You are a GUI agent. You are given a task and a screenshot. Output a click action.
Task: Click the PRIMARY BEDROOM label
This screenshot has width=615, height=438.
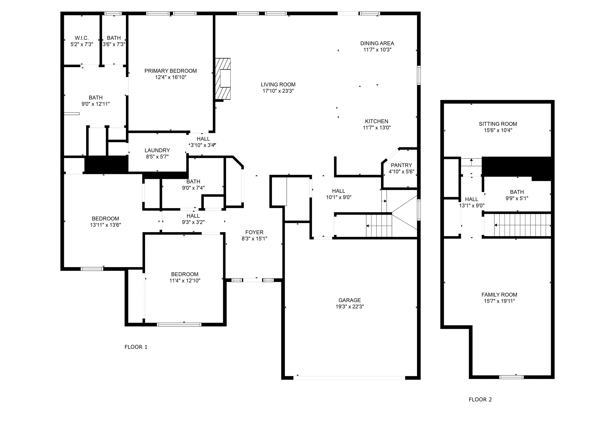tap(170, 71)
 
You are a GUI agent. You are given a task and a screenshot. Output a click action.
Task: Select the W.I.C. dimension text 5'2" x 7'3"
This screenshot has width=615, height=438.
tap(82, 44)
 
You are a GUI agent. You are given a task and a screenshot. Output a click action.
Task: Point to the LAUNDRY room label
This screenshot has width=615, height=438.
tap(157, 150)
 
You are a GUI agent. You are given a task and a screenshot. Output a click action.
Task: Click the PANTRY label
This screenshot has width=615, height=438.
tap(401, 165)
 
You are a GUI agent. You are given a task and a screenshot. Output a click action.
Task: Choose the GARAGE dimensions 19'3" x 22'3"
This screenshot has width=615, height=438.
tap(350, 306)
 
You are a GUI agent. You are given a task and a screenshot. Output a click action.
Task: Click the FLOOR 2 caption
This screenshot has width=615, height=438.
tap(480, 399)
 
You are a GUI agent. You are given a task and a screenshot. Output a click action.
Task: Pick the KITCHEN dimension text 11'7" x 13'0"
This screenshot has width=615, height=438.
tap(376, 128)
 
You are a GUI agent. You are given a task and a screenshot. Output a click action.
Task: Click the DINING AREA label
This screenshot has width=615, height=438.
tap(377, 43)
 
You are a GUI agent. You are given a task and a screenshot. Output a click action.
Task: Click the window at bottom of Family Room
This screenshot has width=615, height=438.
tap(511, 377)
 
